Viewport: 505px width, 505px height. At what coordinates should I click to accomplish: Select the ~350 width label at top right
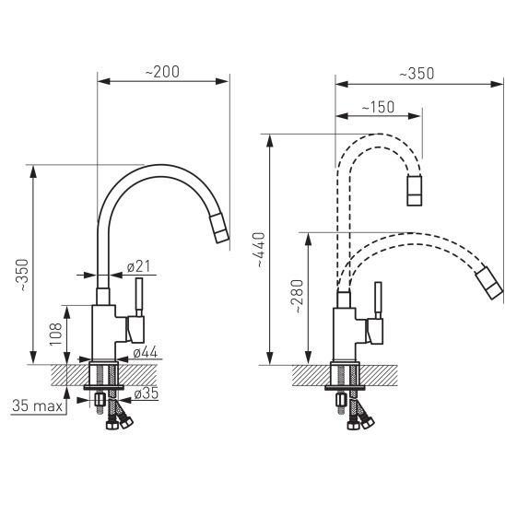419,73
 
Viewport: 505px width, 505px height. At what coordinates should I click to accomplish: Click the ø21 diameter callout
137,267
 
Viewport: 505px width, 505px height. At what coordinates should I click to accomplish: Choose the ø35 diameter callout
145,394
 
